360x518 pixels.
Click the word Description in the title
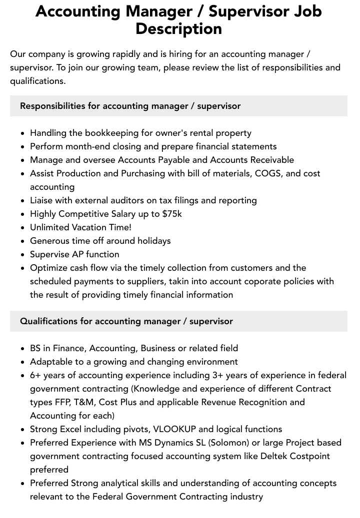coord(178,28)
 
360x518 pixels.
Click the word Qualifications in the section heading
coord(48,321)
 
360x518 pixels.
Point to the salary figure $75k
coord(172,214)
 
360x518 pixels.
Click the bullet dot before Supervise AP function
coord(23,255)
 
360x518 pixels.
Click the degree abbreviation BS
coord(35,348)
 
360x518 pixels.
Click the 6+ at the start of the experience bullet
coord(35,375)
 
